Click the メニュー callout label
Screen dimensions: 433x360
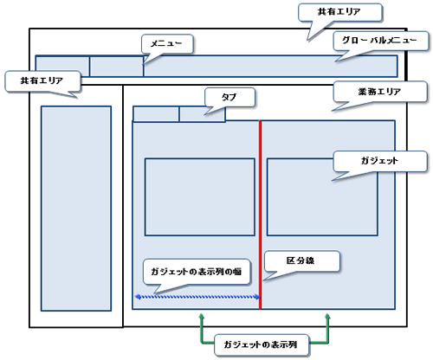[167, 44]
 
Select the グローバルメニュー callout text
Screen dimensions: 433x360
[380, 41]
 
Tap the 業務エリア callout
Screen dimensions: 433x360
[380, 92]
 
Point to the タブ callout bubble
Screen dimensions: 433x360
[229, 97]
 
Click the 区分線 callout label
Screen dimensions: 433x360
[301, 260]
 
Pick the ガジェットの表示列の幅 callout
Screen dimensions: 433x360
[197, 272]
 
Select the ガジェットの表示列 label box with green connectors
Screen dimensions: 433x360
[261, 344]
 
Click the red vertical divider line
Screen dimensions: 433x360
[260, 215]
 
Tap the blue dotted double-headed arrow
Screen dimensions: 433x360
[197, 297]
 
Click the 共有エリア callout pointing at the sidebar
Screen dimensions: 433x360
[42, 81]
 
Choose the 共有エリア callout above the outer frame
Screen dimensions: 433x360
[339, 12]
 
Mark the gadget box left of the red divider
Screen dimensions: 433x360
[200, 197]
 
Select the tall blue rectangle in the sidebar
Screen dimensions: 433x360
[76, 209]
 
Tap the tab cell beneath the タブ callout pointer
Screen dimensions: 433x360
[202, 114]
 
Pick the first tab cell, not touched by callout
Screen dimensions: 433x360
[156, 114]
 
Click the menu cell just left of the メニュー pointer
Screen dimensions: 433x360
[117, 67]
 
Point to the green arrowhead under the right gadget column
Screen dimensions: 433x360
[327, 317]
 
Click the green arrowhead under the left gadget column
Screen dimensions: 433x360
[202, 317]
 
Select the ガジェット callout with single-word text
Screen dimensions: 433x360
[380, 161]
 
